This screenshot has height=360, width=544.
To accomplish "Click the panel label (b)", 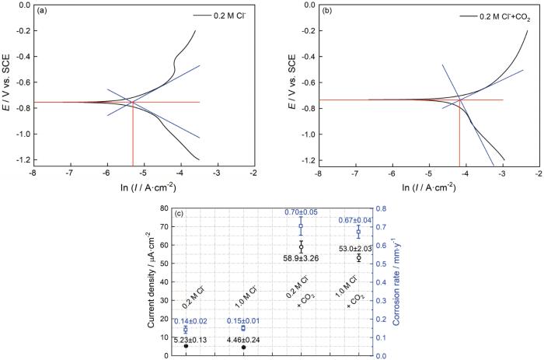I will coord(323,11).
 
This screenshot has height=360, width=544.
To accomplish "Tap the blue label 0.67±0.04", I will coord(358,219).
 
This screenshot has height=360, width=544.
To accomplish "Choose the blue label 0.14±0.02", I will coord(185,320).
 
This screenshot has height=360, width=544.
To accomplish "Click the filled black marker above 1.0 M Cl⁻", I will coord(242,348).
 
